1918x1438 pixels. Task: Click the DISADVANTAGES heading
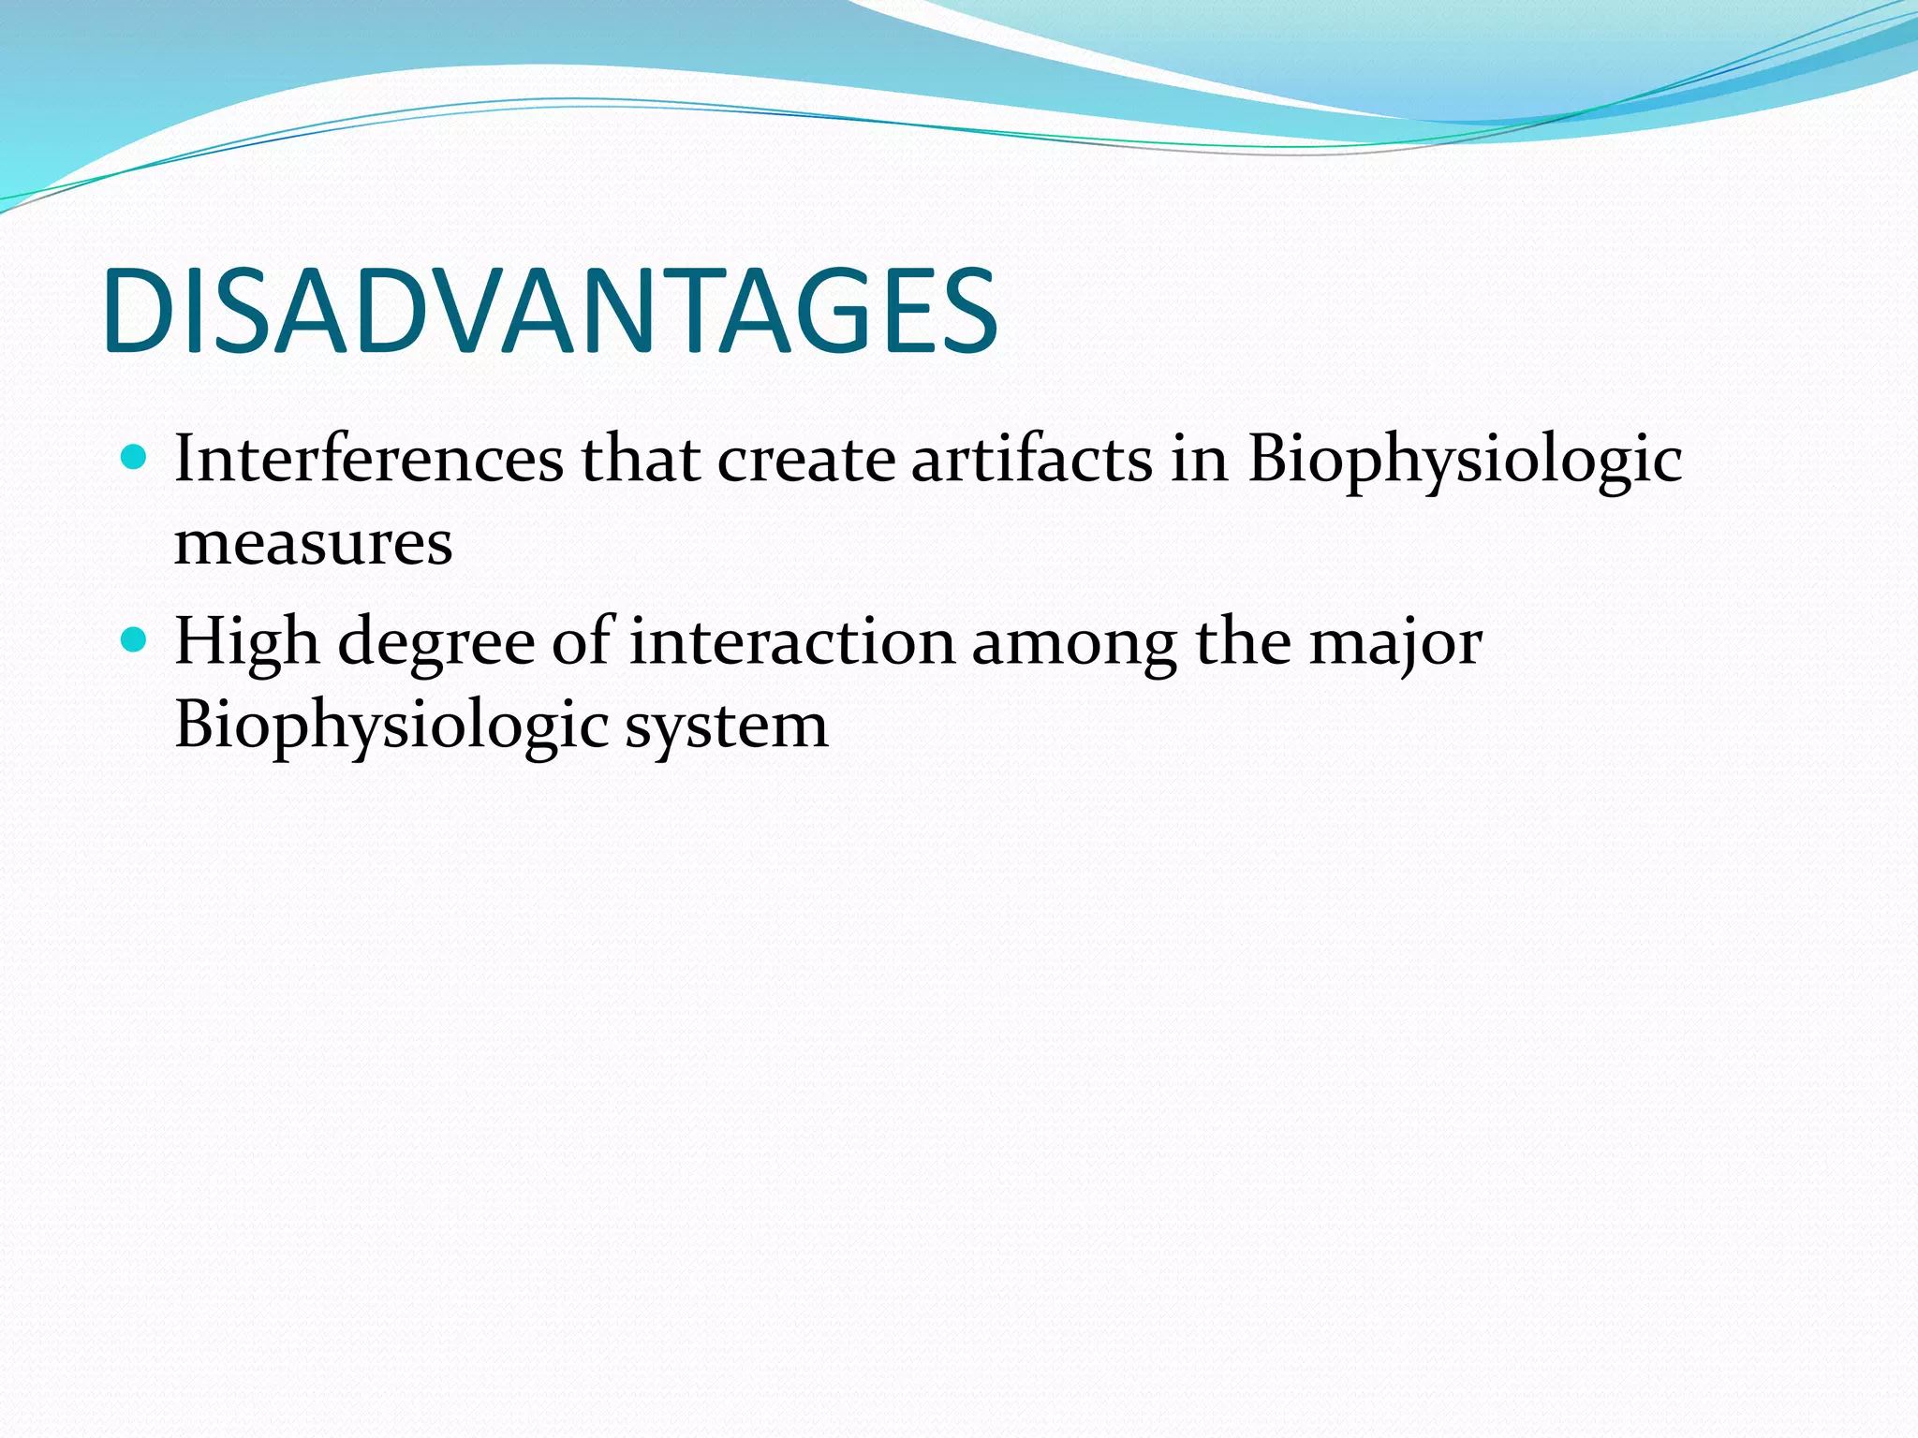pyautogui.click(x=551, y=312)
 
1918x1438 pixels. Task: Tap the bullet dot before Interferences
pyautogui.click(x=136, y=458)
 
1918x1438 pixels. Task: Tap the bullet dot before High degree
pyautogui.click(x=136, y=640)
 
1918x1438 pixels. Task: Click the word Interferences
pyautogui.click(x=369, y=460)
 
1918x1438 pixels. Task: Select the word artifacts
pyautogui.click(x=1031, y=460)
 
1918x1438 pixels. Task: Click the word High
pyautogui.click(x=246, y=644)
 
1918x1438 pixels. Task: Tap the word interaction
pyautogui.click(x=791, y=642)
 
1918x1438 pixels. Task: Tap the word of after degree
pyautogui.click(x=582, y=642)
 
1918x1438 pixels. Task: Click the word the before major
pyautogui.click(x=1244, y=642)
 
